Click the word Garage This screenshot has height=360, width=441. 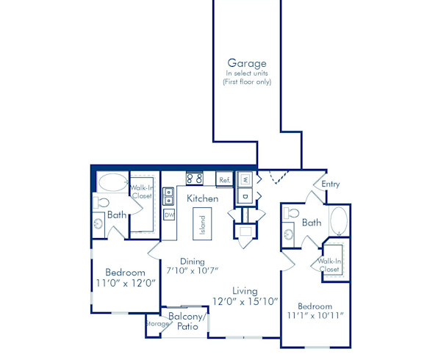click(x=246, y=64)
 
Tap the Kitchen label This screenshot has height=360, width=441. click(x=201, y=199)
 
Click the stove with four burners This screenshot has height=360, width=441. click(x=195, y=178)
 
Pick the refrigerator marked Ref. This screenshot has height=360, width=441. click(x=224, y=179)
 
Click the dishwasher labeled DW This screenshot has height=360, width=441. click(x=169, y=215)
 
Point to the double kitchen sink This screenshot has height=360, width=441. click(x=169, y=196)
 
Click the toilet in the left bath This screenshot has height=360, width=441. click(x=101, y=202)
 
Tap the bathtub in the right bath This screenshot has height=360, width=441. click(x=339, y=222)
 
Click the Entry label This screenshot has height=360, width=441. click(x=331, y=184)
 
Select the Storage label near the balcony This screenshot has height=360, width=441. click(x=157, y=323)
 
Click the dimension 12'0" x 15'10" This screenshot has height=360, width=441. click(x=245, y=301)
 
